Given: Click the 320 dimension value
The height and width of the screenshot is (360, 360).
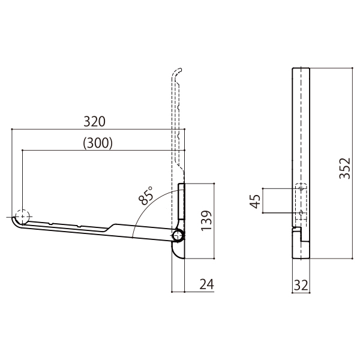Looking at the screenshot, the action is (94, 122).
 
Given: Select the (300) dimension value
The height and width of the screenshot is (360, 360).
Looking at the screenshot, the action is (98, 143).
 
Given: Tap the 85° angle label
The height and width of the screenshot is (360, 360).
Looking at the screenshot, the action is (146, 196).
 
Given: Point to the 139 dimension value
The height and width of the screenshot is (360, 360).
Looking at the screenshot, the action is (206, 221).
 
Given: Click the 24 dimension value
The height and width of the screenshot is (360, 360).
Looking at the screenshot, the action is (206, 284).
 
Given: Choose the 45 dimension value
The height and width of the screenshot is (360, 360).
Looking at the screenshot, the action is (255, 202).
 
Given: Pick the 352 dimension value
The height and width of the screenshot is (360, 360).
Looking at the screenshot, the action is (345, 168).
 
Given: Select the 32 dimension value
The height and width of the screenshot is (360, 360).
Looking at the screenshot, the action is (301, 286).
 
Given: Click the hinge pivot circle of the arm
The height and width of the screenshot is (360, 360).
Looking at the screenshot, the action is (178, 235).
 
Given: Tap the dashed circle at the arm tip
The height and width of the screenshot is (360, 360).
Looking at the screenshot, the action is (22, 217).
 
